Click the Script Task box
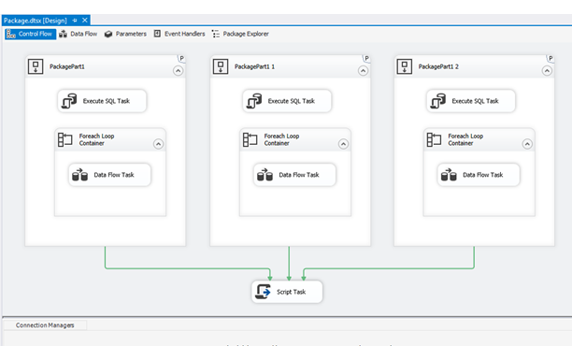pyautogui.click(x=287, y=292)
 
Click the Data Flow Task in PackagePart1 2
pyautogui.click(x=478, y=175)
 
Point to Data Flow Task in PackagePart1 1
pyautogui.click(x=293, y=175)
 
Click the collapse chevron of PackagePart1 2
pyautogui.click(x=546, y=70)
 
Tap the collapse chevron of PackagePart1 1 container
pyautogui.click(x=362, y=70)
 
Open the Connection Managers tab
pyautogui.click(x=45, y=325)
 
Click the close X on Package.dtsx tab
pyautogui.click(x=85, y=19)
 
